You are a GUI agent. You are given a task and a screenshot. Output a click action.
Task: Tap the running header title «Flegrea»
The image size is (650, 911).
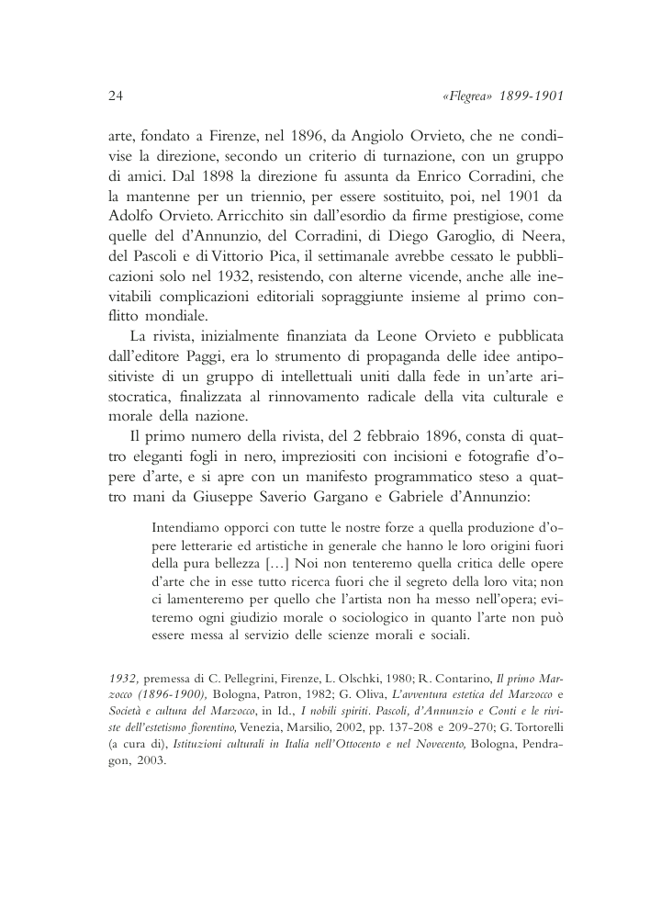pos(467,95)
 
